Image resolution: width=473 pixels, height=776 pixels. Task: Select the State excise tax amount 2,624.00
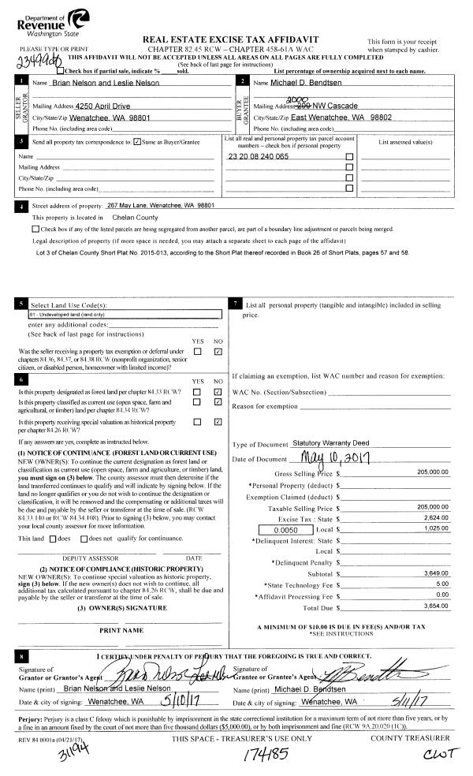(x=435, y=508)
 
